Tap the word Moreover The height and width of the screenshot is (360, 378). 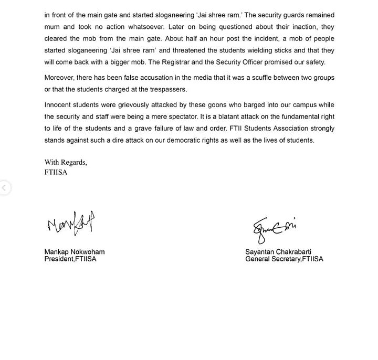(x=60, y=78)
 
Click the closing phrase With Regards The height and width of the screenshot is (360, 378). (x=66, y=163)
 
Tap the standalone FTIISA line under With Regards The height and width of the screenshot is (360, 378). (x=56, y=172)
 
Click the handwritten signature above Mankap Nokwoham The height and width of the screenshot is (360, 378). (x=71, y=224)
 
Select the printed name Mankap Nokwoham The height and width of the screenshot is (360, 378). (x=74, y=252)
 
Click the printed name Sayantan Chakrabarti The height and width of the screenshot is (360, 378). (x=278, y=252)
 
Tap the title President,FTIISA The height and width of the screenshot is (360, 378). (x=70, y=259)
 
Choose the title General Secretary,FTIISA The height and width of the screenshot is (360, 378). (x=284, y=259)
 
